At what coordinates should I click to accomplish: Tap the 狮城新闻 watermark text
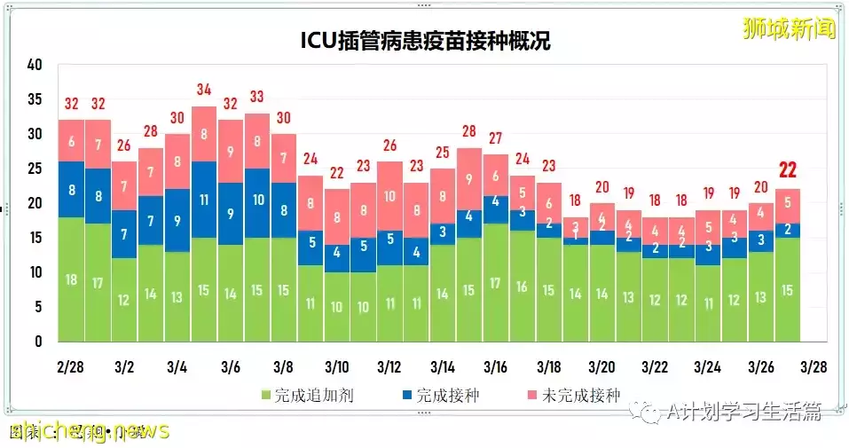[x=789, y=28]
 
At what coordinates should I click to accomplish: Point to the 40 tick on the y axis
[x=35, y=65]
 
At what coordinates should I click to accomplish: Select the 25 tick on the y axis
[x=35, y=169]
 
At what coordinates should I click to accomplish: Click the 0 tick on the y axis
[x=39, y=342]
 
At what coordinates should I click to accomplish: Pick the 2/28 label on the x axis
[x=71, y=367]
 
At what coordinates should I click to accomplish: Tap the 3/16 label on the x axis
[x=495, y=367]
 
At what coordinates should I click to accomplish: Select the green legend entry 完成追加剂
[x=307, y=396]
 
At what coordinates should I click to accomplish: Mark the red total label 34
[x=203, y=90]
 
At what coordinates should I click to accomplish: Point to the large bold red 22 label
[x=787, y=170]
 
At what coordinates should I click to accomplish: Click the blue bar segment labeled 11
[x=203, y=200]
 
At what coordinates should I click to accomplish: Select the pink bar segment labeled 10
[x=389, y=196]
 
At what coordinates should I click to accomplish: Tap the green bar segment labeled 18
[x=71, y=279]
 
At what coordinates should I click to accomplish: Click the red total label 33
[x=256, y=97]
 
